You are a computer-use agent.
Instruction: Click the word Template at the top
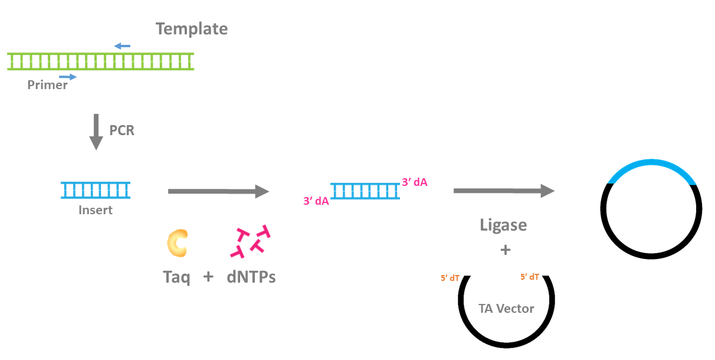click(192, 28)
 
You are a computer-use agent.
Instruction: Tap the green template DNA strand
click(100, 61)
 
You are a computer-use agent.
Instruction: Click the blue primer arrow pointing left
click(122, 45)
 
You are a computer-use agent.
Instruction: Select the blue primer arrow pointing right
click(68, 77)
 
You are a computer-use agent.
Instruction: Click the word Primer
click(47, 85)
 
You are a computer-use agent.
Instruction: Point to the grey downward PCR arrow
click(96, 133)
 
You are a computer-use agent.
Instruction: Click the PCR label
click(122, 130)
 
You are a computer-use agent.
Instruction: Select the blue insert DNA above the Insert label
click(96, 190)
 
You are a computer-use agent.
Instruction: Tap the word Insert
click(95, 210)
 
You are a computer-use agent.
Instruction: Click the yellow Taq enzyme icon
click(177, 244)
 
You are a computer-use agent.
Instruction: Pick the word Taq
click(176, 276)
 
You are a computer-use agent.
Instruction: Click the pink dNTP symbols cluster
click(250, 243)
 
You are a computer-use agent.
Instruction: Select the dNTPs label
click(251, 276)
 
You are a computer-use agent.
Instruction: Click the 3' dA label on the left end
click(316, 201)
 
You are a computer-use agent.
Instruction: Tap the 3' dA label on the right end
click(414, 182)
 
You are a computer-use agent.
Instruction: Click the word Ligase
click(503, 225)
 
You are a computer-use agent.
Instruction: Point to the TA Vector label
click(506, 309)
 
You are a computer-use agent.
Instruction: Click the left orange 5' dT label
click(450, 277)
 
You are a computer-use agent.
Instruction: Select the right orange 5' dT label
click(529, 276)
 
